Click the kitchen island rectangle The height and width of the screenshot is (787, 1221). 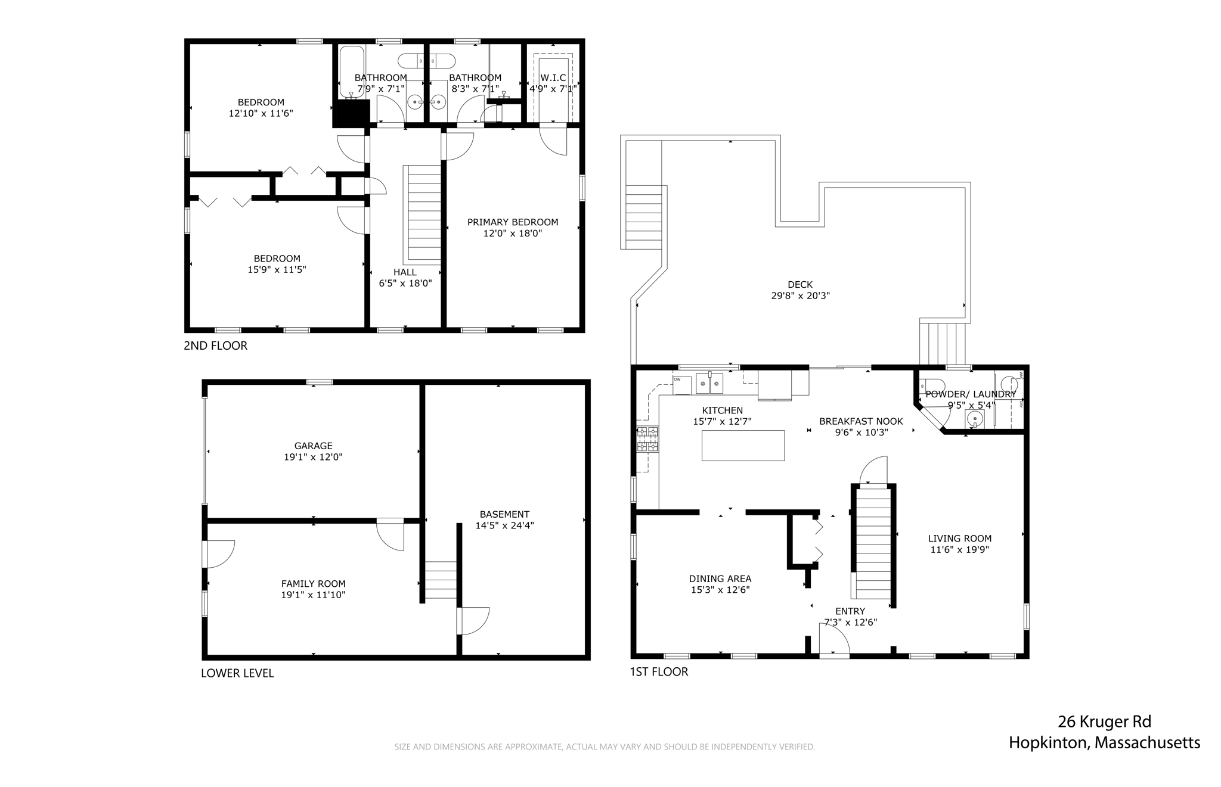point(743,445)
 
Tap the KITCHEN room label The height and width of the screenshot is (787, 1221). point(722,410)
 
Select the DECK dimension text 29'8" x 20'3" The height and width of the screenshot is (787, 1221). point(800,295)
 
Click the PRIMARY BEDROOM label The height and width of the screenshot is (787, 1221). point(513,222)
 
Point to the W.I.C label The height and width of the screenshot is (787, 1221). point(553,78)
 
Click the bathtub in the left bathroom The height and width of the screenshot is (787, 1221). point(352,72)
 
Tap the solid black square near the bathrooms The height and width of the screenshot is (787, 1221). point(351,113)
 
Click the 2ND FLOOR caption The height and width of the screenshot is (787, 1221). point(215,346)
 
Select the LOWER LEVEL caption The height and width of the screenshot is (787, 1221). point(237,673)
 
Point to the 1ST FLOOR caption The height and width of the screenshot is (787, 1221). point(659,672)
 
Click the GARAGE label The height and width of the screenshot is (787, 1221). point(314,446)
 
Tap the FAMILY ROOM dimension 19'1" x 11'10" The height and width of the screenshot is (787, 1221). point(314,595)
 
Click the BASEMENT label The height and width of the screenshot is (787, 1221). point(504,514)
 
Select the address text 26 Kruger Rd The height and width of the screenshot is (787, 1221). point(1104,722)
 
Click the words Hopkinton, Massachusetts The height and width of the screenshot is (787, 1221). point(1104,743)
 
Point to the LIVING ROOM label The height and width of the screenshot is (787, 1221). point(960,539)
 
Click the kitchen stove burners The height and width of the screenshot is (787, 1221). point(647,439)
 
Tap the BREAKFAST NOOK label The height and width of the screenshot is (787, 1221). point(861,421)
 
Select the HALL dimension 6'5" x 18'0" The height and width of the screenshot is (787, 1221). point(405,284)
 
